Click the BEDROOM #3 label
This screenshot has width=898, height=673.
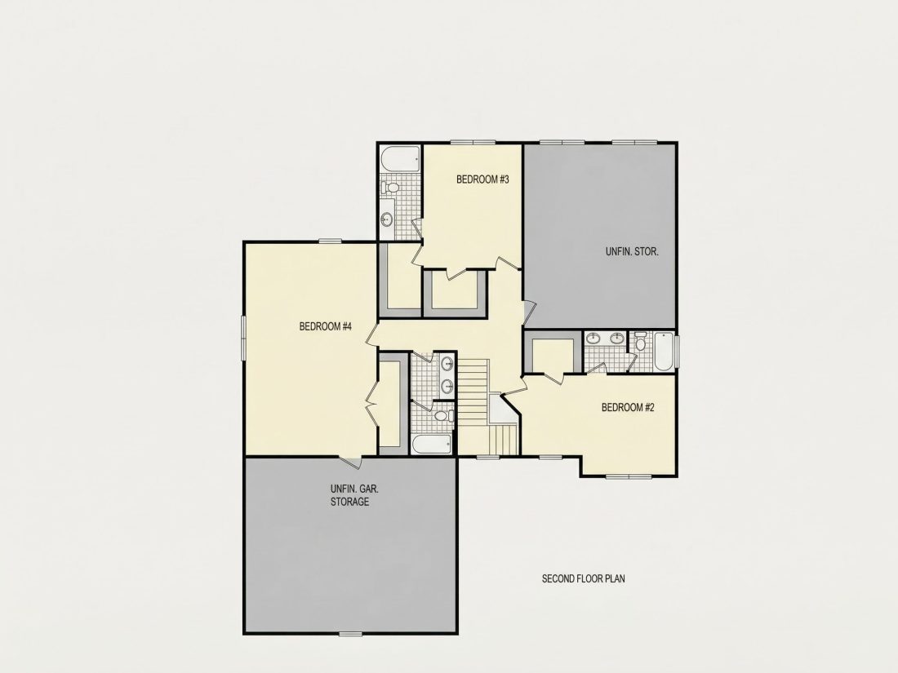tap(482, 179)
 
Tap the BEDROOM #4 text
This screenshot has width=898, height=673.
tap(325, 326)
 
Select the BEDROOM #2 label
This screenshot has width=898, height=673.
tap(628, 407)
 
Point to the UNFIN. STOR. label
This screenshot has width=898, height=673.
tap(632, 251)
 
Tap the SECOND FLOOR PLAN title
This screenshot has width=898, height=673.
tap(584, 578)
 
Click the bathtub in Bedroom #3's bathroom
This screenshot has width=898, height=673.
tap(400, 159)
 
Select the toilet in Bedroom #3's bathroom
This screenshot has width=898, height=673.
tap(390, 188)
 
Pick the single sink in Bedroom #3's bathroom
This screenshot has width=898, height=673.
tap(387, 219)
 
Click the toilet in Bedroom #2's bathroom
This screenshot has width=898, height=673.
tap(640, 341)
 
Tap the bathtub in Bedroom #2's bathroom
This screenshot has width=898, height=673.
tap(664, 352)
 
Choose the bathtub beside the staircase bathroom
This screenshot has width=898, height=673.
tap(432, 445)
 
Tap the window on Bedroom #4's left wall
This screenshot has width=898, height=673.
tap(243, 339)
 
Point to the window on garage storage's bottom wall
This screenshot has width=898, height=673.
tap(350, 633)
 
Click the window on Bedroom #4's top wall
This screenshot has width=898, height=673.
tap(331, 241)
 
